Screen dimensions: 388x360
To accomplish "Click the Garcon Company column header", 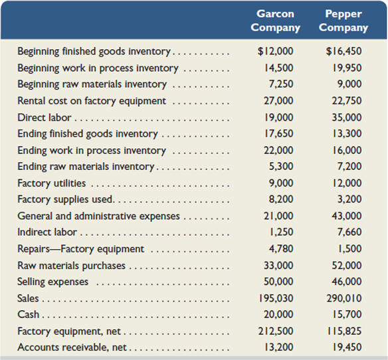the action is pos(276,21).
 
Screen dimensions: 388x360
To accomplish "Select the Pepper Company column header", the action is pos(343,21).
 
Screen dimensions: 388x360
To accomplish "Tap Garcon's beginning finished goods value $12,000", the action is pos(275,51).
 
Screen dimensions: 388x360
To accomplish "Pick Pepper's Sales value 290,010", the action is pos(344,298).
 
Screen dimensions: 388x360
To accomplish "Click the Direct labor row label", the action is pos(45,118).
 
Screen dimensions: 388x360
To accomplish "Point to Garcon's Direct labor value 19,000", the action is pos(278,118).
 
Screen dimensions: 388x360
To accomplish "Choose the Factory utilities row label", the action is pos(52,183).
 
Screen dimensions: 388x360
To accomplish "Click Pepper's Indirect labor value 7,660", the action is pos(349,232).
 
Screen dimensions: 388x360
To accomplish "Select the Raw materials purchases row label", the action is pos(72,266).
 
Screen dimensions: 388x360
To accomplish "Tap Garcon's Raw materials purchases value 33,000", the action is pos(278,265).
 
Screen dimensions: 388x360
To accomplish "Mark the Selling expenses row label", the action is pos(52,282).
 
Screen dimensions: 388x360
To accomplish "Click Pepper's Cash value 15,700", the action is pos(347,314).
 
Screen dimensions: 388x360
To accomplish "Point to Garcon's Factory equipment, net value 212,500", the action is pos(276,331).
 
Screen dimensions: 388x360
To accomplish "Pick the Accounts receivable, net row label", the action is pos(72,347).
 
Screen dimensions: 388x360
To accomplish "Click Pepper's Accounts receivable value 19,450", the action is pos(347,347).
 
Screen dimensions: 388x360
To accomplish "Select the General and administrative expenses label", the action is pos(98,216).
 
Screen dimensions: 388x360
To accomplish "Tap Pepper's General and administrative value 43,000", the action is pos(347,216).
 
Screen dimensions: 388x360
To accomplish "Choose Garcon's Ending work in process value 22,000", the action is pos(278,150).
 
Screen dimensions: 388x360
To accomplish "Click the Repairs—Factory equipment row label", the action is pos(80,249).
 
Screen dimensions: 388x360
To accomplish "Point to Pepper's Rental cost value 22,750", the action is pos(347,101).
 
